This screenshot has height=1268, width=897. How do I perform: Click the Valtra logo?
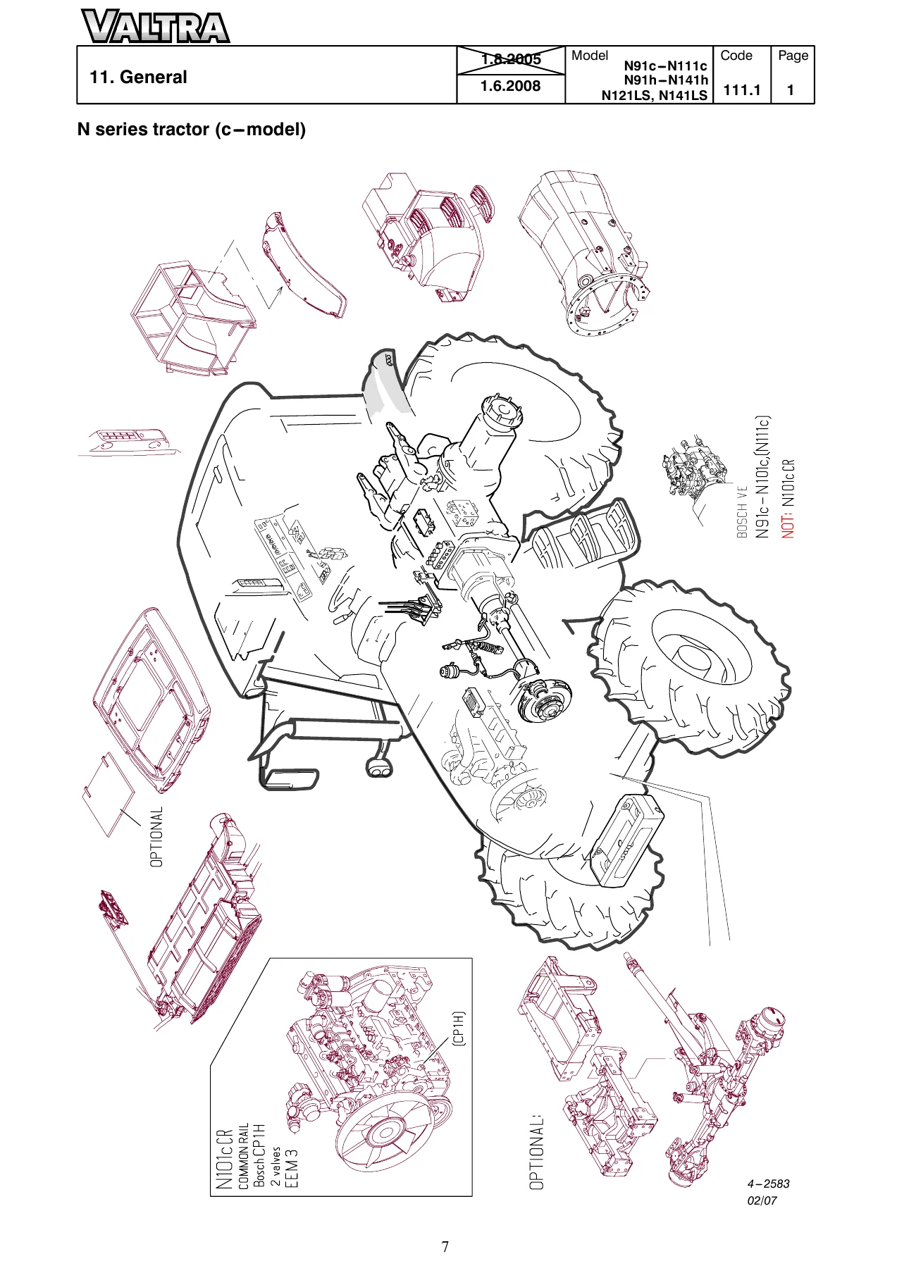coord(155,27)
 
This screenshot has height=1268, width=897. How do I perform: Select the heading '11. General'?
coord(138,77)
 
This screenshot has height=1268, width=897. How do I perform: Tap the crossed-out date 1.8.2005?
coord(511,59)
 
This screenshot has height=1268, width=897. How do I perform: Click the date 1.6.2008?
coord(511,87)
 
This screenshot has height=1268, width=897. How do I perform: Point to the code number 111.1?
coord(742,90)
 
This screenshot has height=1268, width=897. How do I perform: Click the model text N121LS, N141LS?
coord(654,96)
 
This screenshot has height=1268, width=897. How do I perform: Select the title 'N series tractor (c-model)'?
coord(192,130)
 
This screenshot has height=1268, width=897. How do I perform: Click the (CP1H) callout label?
coord(458,1028)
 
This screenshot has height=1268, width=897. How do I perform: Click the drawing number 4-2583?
coord(768,1183)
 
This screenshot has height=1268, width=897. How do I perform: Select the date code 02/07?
coord(762,1200)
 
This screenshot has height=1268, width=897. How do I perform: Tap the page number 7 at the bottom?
coord(445,1247)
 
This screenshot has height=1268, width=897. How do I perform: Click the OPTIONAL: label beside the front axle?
coord(537,1152)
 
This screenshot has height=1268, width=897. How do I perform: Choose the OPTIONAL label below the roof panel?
coord(156,837)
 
